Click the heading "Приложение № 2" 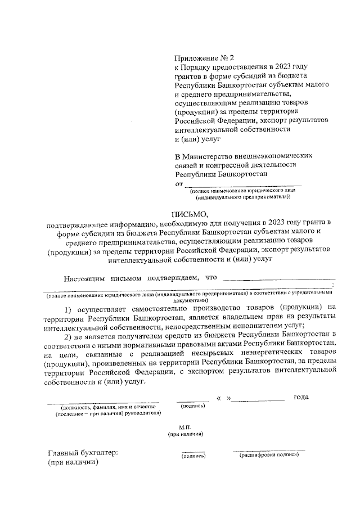point(204,57)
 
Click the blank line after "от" point(243,183)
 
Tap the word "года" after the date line point(301,398)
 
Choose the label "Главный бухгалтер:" point(83,453)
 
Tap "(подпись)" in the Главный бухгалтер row point(193,456)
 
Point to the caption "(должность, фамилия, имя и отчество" point(102,406)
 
